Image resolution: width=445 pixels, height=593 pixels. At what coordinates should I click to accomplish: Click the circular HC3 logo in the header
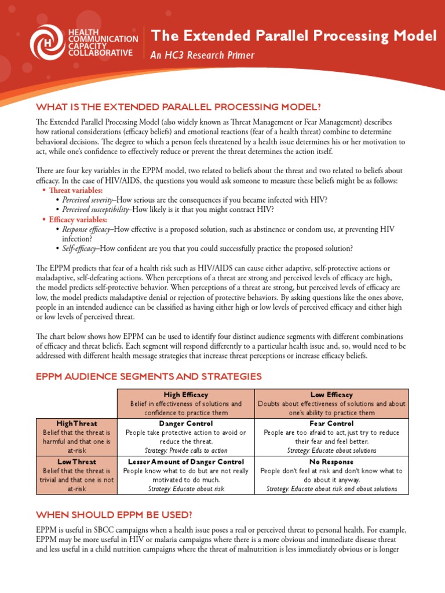point(48,43)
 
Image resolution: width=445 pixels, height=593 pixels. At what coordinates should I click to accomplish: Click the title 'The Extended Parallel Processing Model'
point(294,36)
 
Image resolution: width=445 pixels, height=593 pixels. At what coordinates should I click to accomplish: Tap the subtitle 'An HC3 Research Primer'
point(202,56)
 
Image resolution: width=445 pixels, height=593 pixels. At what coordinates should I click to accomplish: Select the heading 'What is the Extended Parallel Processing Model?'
point(178,108)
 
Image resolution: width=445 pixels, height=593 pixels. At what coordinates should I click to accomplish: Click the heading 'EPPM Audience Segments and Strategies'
point(149,376)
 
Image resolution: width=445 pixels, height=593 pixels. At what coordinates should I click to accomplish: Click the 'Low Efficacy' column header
point(331,394)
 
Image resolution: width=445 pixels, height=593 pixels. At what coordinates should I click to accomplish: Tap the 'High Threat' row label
point(76,423)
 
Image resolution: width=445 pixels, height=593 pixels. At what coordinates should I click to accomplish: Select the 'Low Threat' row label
point(76,462)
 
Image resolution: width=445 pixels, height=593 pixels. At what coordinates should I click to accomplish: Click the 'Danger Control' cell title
point(186,423)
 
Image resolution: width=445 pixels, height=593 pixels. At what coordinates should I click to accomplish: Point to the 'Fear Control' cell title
point(331,423)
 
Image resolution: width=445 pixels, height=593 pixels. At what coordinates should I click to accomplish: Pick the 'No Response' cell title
point(331,462)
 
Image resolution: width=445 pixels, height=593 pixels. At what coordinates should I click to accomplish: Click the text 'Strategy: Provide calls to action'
point(186,450)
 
